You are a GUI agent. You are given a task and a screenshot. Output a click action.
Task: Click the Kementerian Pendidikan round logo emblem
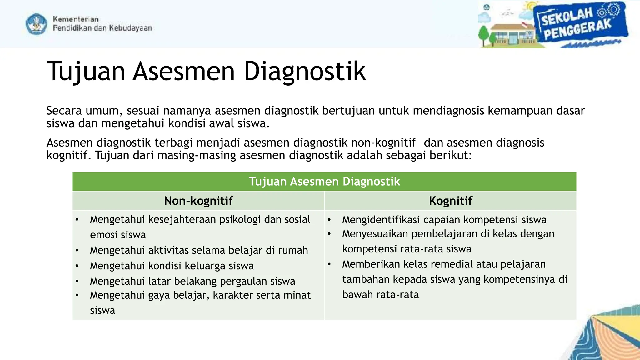(37, 24)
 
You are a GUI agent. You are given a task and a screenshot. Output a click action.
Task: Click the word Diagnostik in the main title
(304, 72)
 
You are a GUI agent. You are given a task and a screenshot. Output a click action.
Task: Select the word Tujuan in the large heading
(86, 72)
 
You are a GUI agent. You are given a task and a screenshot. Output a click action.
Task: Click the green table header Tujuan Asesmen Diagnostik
(324, 182)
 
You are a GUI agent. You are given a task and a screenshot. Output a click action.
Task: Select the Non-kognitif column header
(198, 201)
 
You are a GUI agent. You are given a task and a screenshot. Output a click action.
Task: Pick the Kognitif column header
(450, 201)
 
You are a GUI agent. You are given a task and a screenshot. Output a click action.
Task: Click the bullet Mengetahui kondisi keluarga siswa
(172, 266)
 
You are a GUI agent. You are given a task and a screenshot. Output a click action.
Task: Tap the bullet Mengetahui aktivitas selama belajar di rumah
(199, 250)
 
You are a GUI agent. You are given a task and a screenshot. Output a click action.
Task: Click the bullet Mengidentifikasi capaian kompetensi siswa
(444, 220)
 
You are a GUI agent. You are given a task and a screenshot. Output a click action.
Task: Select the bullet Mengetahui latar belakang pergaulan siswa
(192, 281)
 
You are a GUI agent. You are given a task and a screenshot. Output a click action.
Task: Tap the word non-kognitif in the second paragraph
(383, 143)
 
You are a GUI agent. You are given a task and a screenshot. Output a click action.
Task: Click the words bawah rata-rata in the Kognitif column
(380, 295)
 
